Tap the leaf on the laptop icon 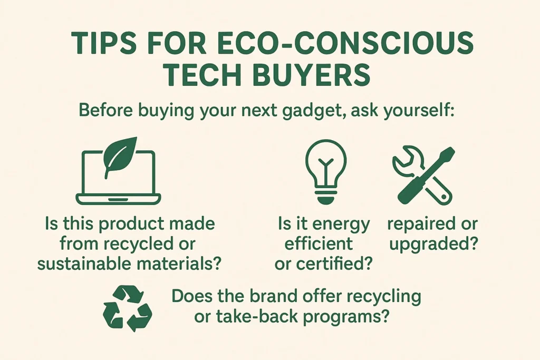click(x=120, y=157)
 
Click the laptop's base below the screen click(x=119, y=199)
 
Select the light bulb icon click(x=325, y=171)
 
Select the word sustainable click(x=84, y=264)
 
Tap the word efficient click(x=319, y=244)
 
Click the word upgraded click(x=433, y=245)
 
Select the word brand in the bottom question click(x=274, y=296)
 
